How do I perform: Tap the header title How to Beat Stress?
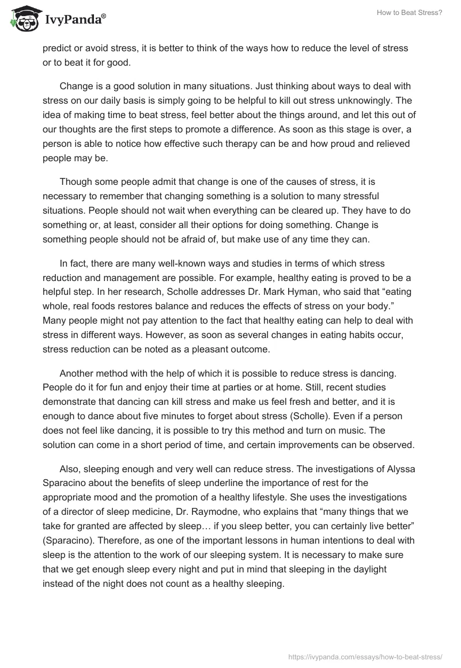(414, 12)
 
